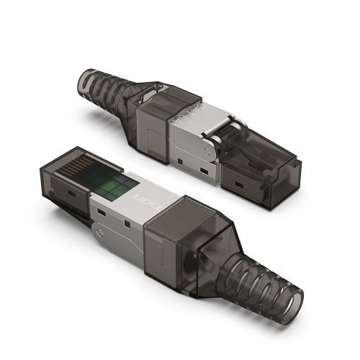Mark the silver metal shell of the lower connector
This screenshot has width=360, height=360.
[x=133, y=209]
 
